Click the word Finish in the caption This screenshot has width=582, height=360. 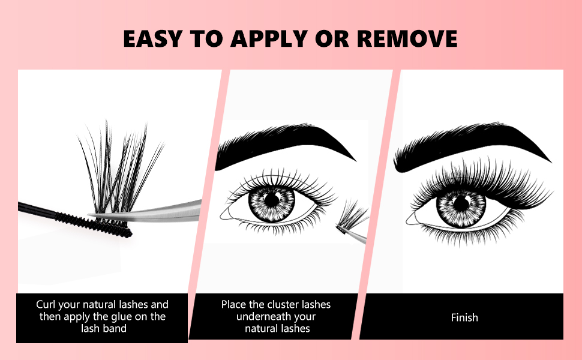coord(464,317)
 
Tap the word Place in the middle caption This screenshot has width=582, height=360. coord(233,304)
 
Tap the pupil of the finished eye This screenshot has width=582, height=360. coord(461,202)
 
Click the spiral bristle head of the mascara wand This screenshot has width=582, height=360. coord(96,225)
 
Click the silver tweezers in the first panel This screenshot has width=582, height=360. coord(162,211)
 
